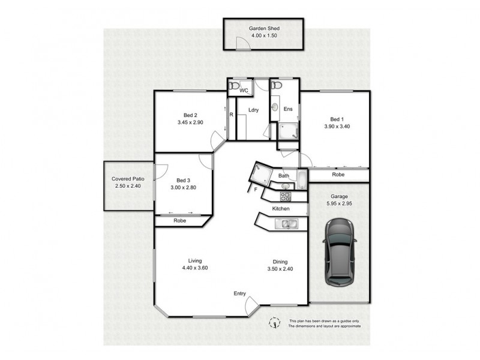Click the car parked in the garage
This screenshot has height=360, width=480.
coord(338,252)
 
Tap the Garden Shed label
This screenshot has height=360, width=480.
coord(264,28)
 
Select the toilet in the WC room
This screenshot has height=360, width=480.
coord(233,88)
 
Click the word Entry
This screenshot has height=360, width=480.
coord(240,293)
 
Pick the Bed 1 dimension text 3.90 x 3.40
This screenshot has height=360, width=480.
coord(335,127)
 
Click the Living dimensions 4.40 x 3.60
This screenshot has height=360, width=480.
coord(195,268)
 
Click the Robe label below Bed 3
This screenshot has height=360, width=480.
coord(180,221)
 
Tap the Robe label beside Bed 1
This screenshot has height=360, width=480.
coord(338,175)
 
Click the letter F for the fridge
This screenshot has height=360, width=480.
coord(256,190)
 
